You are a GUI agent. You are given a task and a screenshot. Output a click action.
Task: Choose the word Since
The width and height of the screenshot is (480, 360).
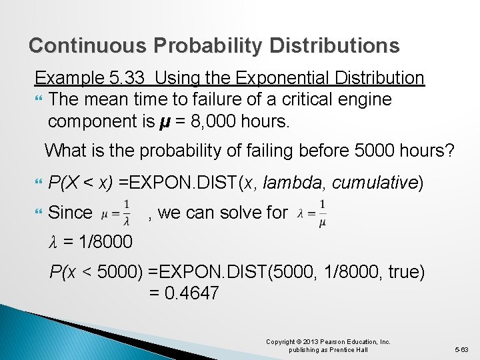tap(71, 213)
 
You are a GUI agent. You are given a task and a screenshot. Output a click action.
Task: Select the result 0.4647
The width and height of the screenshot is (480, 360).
tap(193, 294)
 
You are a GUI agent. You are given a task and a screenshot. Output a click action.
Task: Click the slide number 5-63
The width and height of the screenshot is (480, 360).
tap(461, 349)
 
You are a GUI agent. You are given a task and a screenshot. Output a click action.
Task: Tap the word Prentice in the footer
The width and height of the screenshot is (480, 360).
tap(340, 350)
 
